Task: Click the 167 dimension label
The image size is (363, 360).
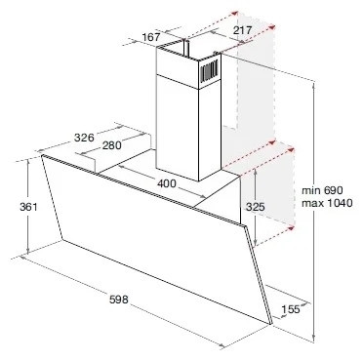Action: tap(150, 38)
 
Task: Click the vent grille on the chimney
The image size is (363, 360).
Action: tap(209, 69)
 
